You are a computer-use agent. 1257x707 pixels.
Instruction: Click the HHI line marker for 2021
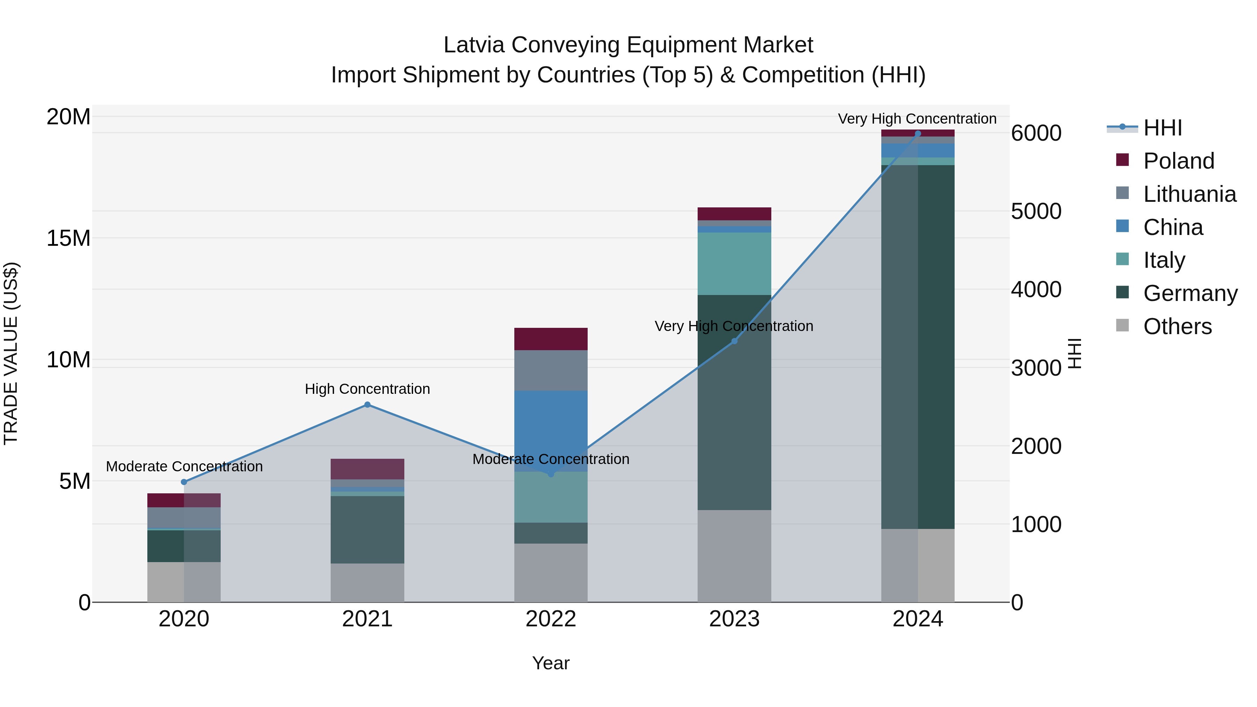[367, 405]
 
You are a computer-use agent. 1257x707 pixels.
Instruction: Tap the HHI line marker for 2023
[734, 341]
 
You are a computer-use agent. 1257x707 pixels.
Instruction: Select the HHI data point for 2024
[918, 133]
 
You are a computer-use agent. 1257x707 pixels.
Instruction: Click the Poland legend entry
[1178, 161]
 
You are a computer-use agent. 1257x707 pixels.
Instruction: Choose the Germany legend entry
[1190, 293]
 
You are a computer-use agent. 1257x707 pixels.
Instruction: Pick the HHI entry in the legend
[1162, 128]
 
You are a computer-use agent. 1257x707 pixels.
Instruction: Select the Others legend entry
[1177, 326]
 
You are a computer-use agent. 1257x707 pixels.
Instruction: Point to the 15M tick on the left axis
[68, 238]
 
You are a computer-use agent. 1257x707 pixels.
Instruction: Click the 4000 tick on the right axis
[1036, 289]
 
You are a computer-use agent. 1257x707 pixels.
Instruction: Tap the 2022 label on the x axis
[551, 619]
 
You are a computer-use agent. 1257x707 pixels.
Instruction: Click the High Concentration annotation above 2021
[367, 389]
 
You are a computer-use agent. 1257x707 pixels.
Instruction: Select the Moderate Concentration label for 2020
[184, 466]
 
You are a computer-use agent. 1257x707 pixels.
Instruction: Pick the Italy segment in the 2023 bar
[734, 264]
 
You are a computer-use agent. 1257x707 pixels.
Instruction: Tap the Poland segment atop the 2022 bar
[551, 339]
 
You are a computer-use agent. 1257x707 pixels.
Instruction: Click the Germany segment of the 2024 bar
[918, 346]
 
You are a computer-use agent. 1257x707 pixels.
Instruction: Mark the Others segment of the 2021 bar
[367, 583]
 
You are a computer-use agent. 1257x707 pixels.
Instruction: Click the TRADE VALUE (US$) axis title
[11, 353]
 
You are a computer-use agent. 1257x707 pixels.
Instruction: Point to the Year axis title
[551, 663]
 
